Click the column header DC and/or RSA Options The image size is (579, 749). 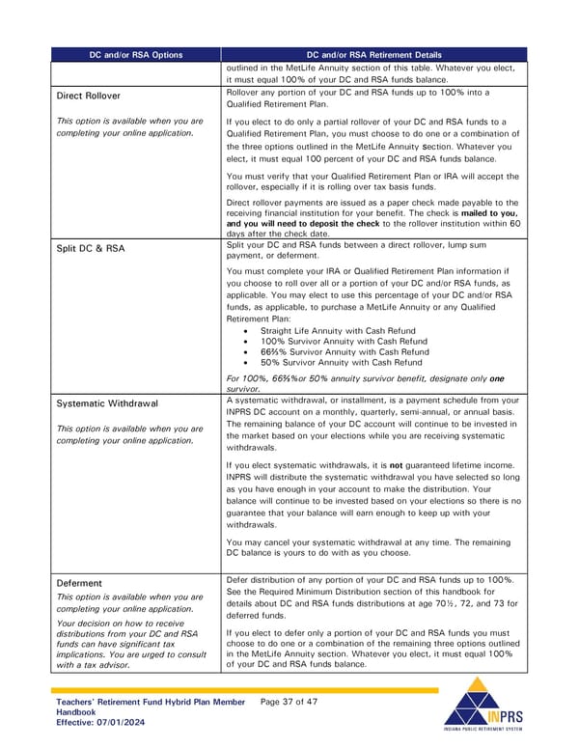pyautogui.click(x=137, y=55)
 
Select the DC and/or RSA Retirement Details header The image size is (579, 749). pyautogui.click(x=373, y=55)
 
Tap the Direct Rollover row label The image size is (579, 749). pyautogui.click(x=88, y=97)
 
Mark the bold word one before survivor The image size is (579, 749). pyautogui.click(x=496, y=378)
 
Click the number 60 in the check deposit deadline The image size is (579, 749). pyautogui.click(x=513, y=223)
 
